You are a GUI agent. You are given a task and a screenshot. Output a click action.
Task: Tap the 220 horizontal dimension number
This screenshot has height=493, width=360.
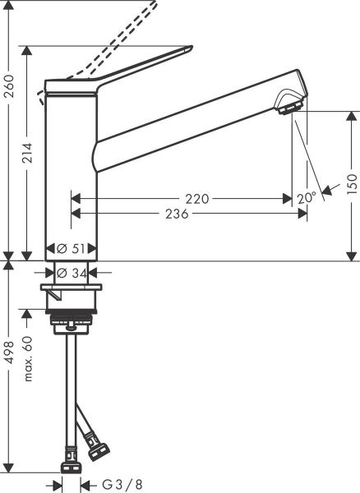(x=196, y=198)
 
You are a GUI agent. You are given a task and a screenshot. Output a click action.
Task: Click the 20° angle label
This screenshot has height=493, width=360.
(x=306, y=198)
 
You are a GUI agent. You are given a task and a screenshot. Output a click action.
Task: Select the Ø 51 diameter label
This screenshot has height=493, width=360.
(x=73, y=248)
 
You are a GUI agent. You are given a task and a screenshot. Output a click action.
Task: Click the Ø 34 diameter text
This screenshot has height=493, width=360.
(x=73, y=273)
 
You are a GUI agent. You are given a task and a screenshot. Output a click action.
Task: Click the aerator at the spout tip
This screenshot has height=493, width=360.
(x=289, y=106)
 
